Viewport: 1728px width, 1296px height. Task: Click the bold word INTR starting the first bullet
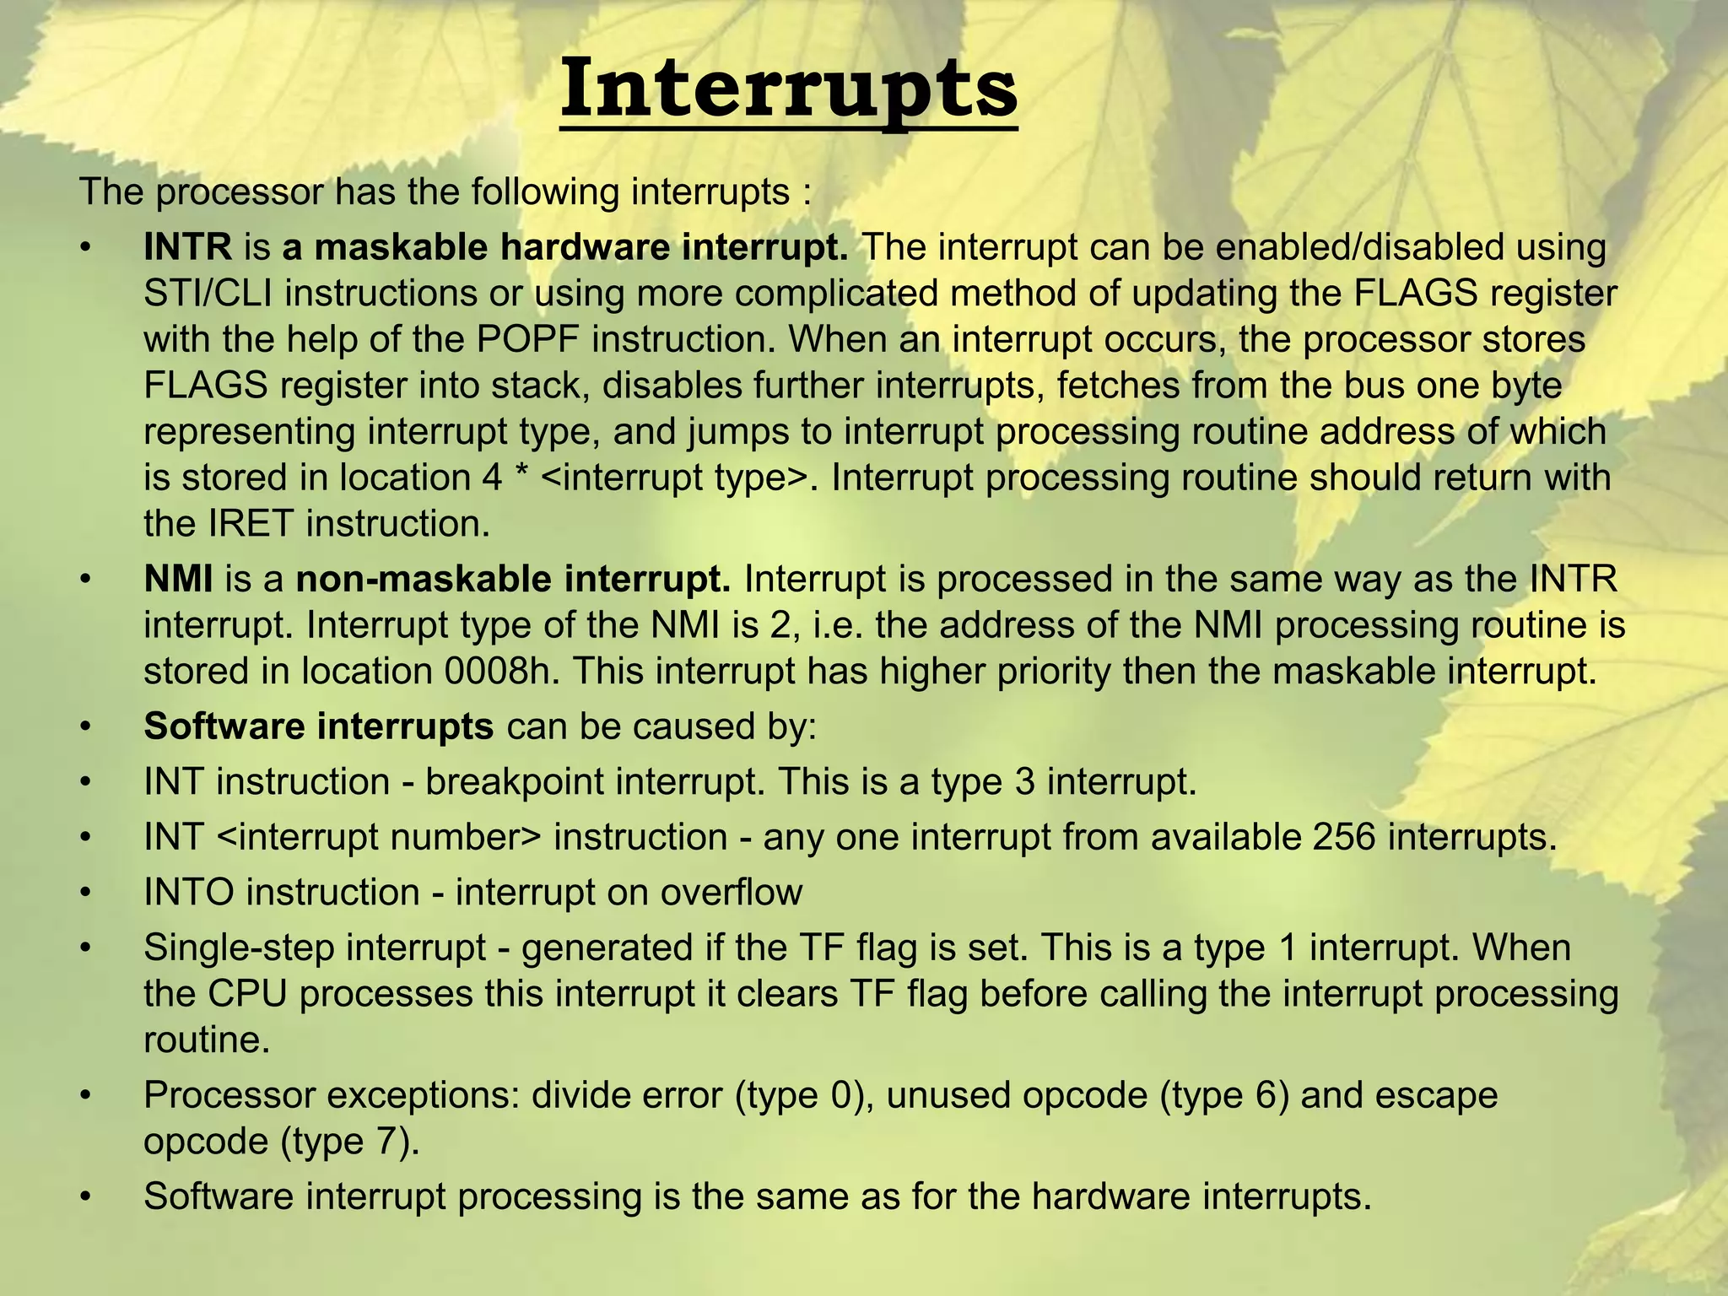click(187, 247)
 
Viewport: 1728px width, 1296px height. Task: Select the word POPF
click(528, 339)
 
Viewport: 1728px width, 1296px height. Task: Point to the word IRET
click(251, 523)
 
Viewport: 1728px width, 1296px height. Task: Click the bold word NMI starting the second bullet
click(178, 580)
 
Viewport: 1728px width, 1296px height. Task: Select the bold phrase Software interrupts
click(318, 726)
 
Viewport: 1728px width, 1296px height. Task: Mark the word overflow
click(731, 892)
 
